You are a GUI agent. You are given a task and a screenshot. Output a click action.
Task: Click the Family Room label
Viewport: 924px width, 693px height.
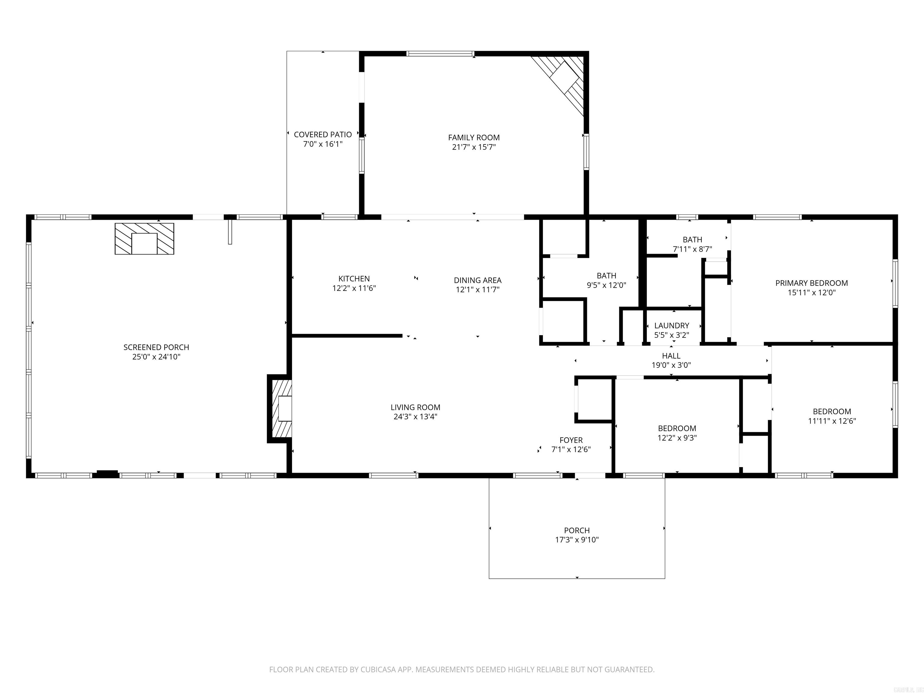click(474, 137)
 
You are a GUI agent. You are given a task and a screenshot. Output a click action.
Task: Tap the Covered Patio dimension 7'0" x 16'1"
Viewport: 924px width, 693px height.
click(322, 144)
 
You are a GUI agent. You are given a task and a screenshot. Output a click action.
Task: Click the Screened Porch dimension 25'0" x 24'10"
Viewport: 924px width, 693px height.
click(156, 357)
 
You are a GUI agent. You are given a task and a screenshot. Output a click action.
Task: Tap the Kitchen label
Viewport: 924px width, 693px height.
click(354, 279)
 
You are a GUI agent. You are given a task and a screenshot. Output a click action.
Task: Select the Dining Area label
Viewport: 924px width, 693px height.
click(477, 280)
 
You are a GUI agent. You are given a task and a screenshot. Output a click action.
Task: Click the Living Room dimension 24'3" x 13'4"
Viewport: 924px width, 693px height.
click(415, 417)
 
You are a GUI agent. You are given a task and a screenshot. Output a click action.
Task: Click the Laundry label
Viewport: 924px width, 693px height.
click(671, 325)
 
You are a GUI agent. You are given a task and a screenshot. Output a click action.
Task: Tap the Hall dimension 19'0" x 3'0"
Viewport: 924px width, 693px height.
click(671, 365)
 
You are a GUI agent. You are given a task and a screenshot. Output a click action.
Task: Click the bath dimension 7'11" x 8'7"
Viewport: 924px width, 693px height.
click(692, 249)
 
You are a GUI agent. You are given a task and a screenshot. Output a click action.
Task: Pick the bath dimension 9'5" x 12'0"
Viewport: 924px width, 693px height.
click(606, 285)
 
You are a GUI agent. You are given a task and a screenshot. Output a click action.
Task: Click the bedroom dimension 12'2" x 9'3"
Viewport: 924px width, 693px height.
click(677, 438)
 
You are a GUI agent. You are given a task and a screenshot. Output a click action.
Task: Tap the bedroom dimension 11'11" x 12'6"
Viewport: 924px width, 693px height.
click(832, 421)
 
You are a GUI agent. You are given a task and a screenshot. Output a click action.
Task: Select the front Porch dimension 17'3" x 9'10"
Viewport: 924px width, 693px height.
click(577, 540)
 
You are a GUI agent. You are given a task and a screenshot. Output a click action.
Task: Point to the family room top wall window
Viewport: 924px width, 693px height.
click(440, 54)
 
